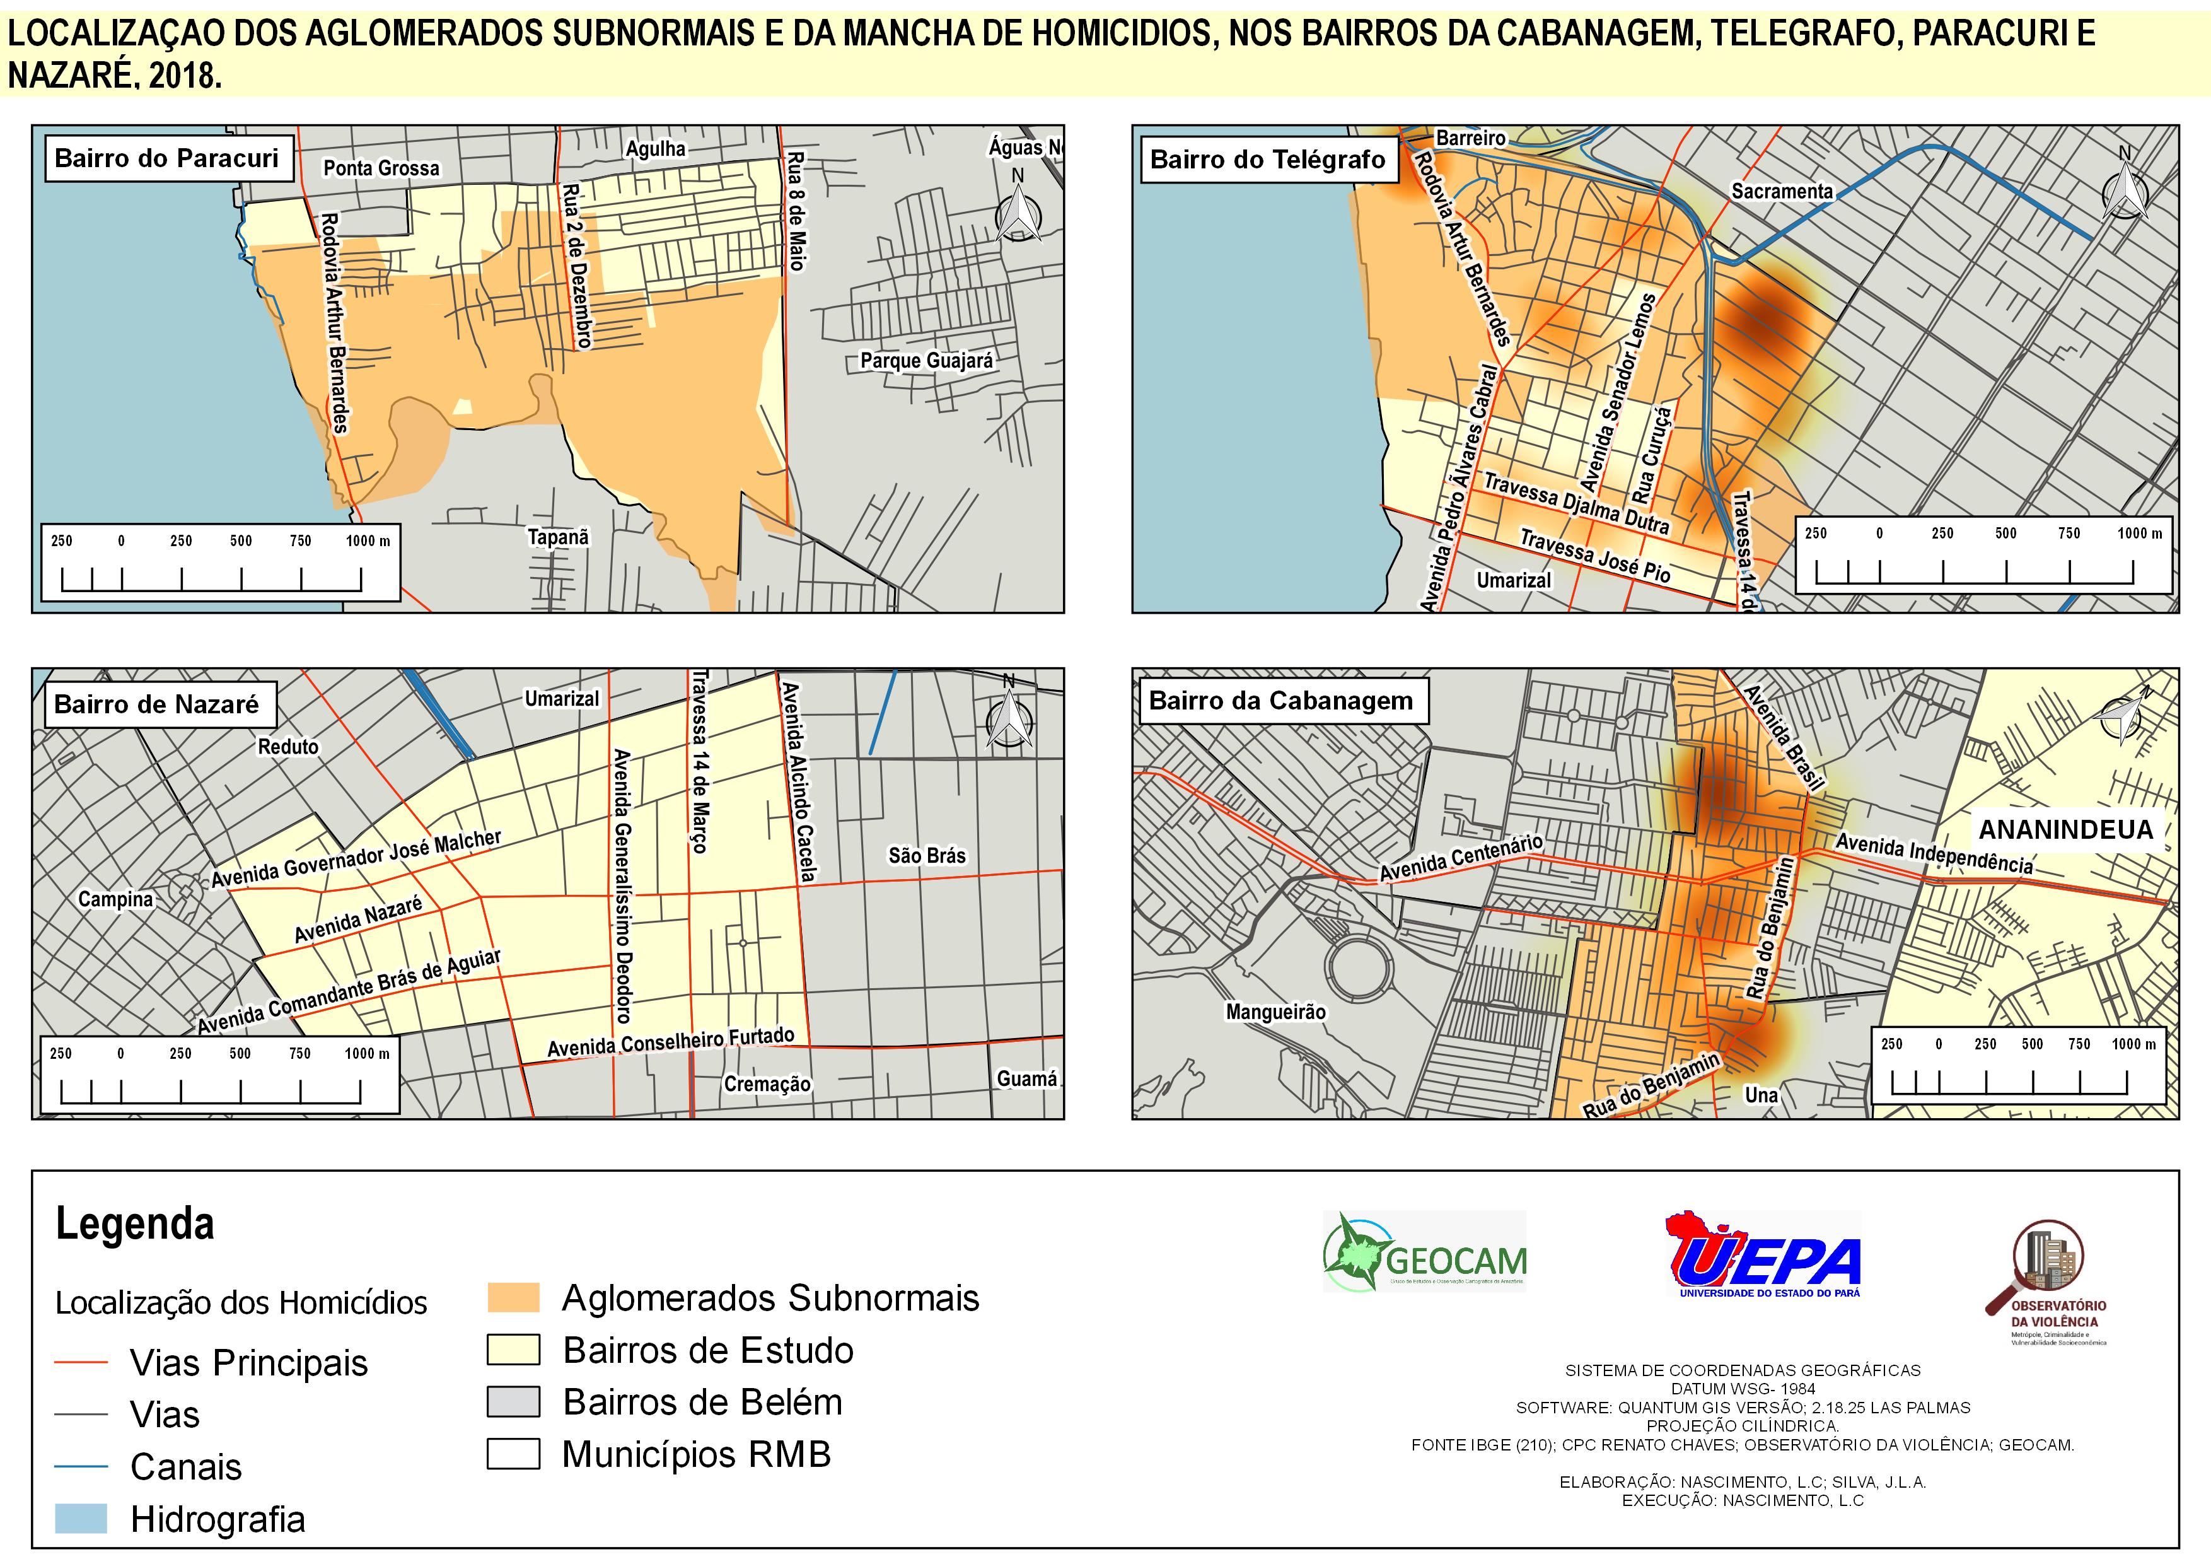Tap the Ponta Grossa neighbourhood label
381,168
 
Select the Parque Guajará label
926,361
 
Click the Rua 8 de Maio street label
796,211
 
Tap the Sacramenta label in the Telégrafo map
1782,192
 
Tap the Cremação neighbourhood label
767,1085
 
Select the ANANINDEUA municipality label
2065,830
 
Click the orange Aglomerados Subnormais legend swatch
513,1298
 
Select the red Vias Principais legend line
81,1363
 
